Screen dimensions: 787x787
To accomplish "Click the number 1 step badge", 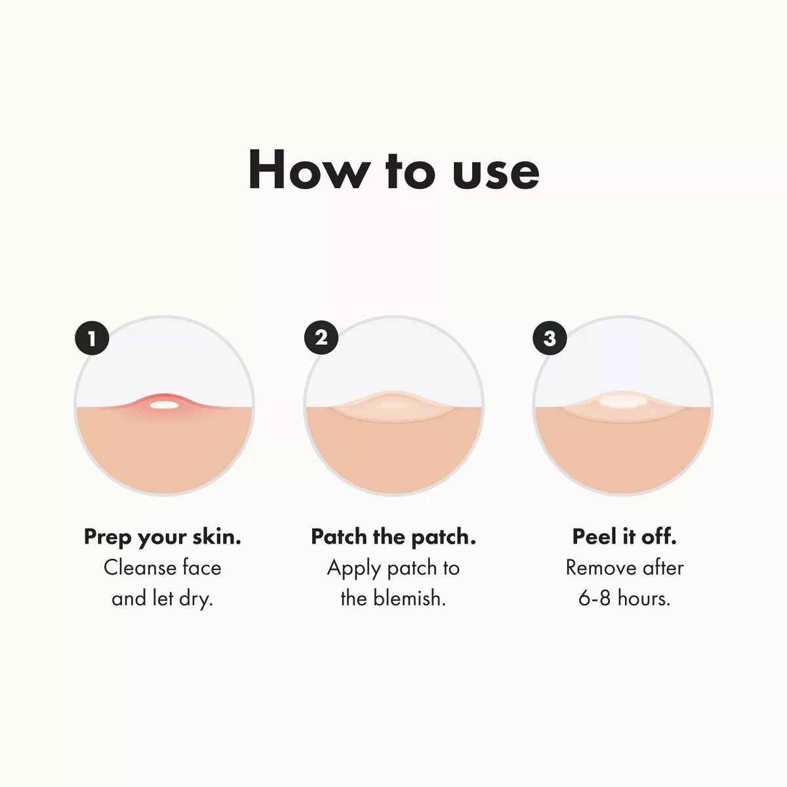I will click(x=91, y=338).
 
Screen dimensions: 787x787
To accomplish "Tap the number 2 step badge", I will click(x=321, y=338).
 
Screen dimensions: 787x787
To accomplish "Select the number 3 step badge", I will click(x=550, y=338).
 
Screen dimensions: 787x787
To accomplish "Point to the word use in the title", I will click(x=496, y=171).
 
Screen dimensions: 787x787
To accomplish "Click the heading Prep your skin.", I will click(x=163, y=536).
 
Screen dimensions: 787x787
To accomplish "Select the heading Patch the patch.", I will click(x=393, y=536).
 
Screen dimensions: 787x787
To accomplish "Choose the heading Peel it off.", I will click(x=624, y=536).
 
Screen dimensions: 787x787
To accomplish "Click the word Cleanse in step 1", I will click(x=139, y=567).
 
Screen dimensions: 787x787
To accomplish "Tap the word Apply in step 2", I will click(x=353, y=568).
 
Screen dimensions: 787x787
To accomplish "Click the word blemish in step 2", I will click(x=409, y=598).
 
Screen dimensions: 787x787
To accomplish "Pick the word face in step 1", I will click(x=201, y=567).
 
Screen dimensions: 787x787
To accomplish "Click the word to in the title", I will click(x=410, y=171).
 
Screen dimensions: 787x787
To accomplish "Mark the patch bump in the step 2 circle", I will click(x=392, y=406).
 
